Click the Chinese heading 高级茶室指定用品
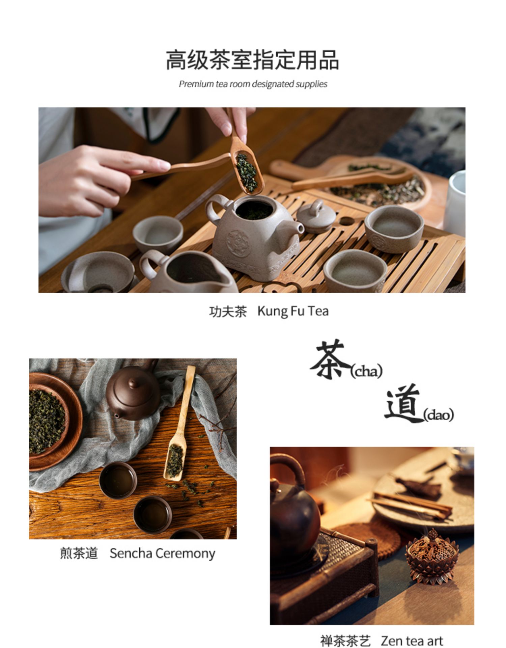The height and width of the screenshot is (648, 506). click(x=252, y=60)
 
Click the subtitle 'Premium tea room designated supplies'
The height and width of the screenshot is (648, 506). click(x=253, y=84)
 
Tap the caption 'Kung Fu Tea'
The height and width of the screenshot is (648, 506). click(x=293, y=311)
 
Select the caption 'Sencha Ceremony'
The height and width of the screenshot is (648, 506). click(x=162, y=554)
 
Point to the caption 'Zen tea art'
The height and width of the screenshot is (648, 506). click(x=412, y=641)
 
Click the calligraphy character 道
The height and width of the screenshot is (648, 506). click(x=404, y=403)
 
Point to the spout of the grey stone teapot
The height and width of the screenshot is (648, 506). click(x=297, y=229)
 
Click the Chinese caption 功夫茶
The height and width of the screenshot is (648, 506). click(x=228, y=312)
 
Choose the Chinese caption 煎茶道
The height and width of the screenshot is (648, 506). click(x=79, y=554)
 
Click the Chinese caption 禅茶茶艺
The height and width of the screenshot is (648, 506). click(x=345, y=641)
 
